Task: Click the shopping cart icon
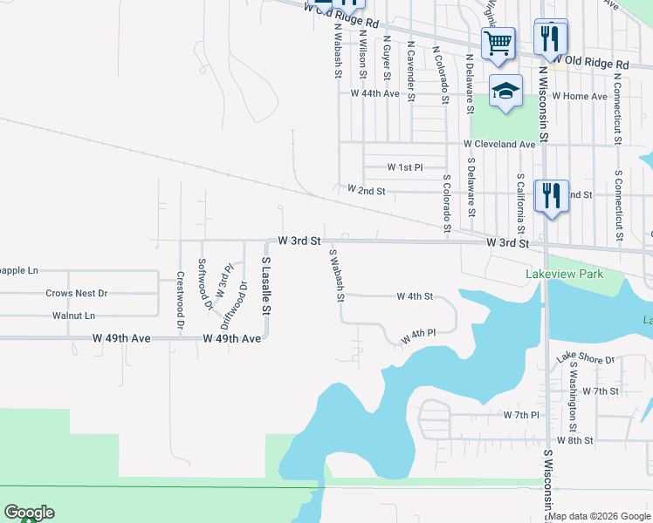click(x=498, y=43)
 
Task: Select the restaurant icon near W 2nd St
click(x=551, y=195)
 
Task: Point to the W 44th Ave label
click(x=375, y=93)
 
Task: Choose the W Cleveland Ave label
click(x=499, y=144)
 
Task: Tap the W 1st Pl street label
click(x=405, y=166)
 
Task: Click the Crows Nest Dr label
click(x=76, y=294)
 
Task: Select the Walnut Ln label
click(x=73, y=316)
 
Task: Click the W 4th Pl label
click(x=417, y=335)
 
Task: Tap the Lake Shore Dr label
click(x=586, y=358)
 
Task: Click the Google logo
click(x=29, y=513)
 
